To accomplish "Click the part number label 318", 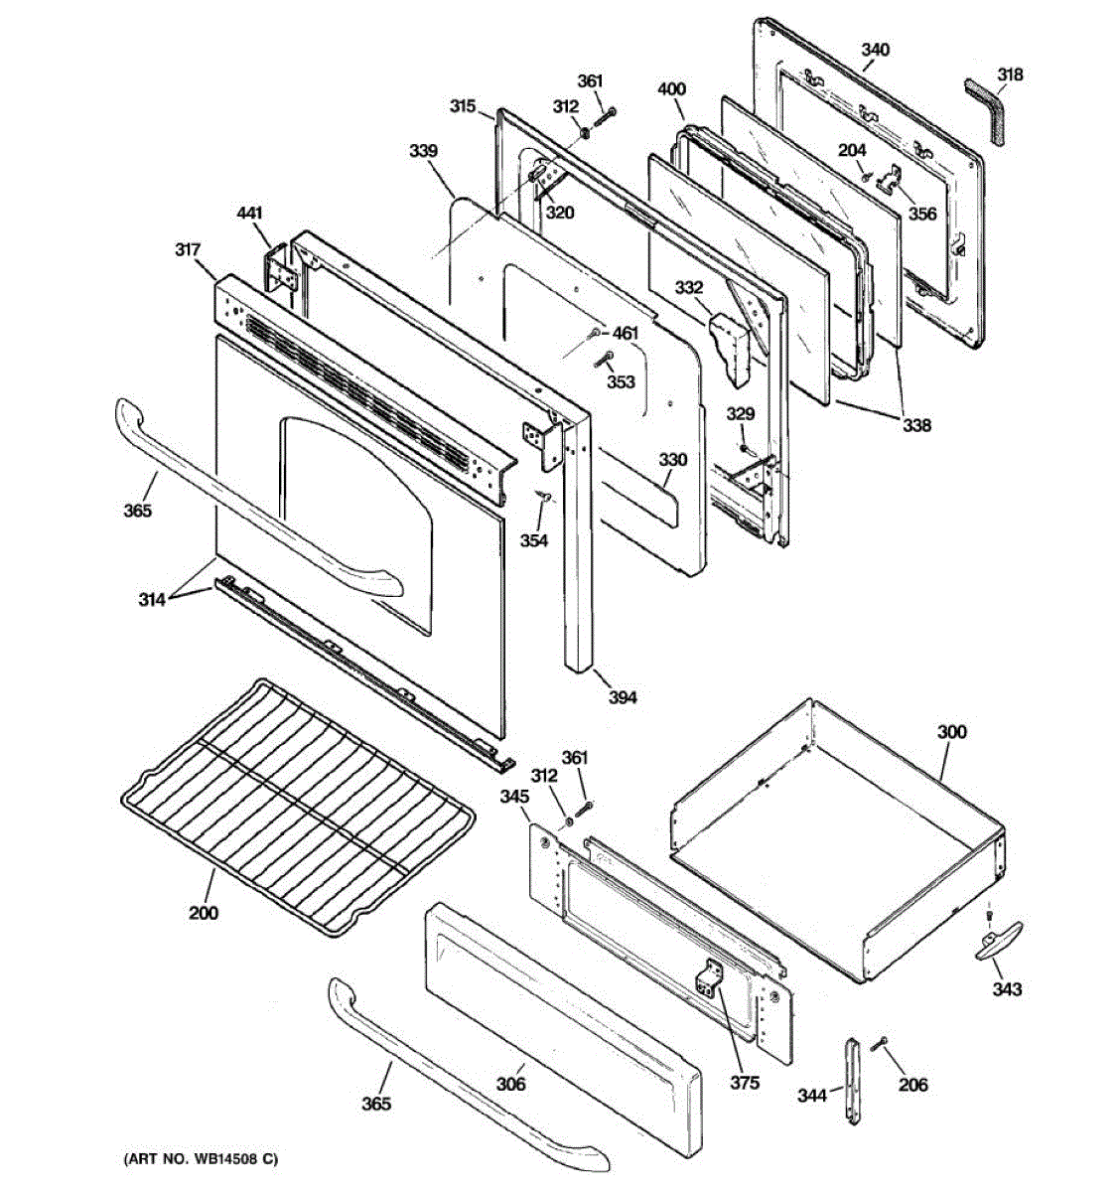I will click(x=1010, y=74).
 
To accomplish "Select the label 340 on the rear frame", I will click(x=875, y=50).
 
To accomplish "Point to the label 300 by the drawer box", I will click(x=951, y=732).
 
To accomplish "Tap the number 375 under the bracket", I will click(x=745, y=1083).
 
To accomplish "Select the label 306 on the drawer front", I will click(x=510, y=1085).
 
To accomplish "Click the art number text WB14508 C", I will click(x=201, y=1159).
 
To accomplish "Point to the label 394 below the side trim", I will click(x=622, y=697).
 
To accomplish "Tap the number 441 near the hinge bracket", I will click(x=249, y=213).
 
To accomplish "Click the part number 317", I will click(x=189, y=250).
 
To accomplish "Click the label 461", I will click(x=626, y=333).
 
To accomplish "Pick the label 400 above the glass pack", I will click(x=671, y=89).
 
